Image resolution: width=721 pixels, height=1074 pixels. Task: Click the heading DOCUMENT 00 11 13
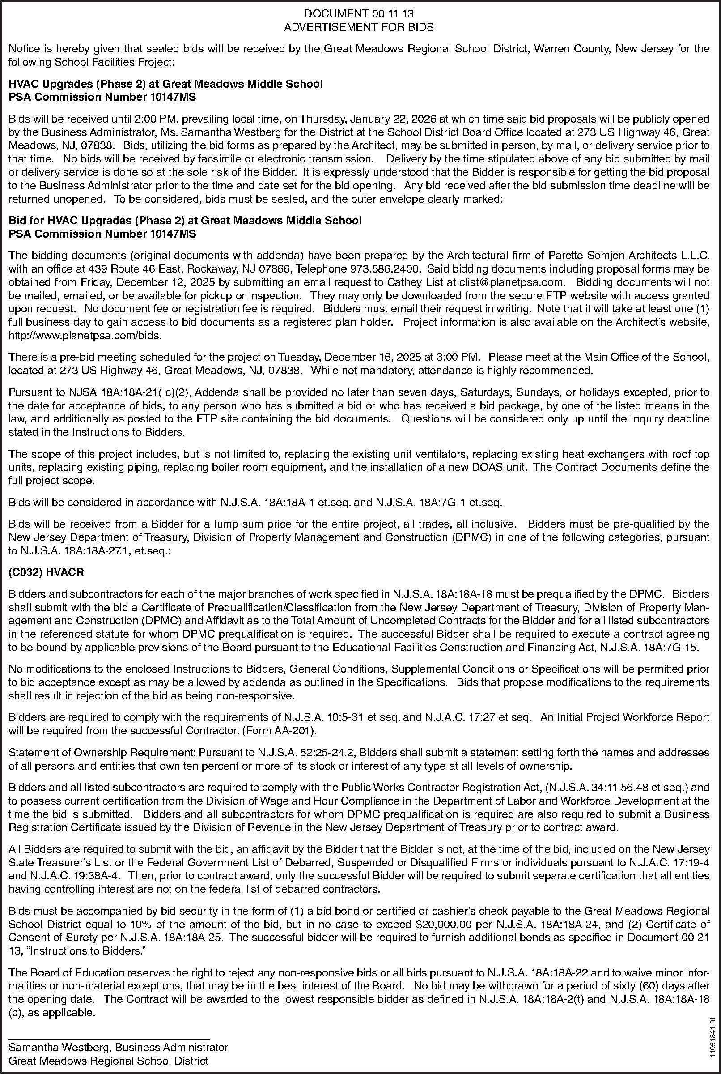tap(359, 15)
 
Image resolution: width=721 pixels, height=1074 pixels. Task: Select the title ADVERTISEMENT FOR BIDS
tap(359, 27)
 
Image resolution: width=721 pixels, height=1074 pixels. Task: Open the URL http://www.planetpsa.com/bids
tap(85, 335)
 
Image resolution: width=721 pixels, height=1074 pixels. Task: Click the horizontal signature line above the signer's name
tap(109, 1035)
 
